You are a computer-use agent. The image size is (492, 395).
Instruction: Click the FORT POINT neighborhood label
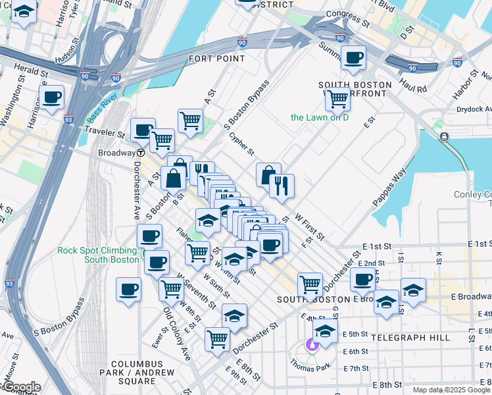point(216,59)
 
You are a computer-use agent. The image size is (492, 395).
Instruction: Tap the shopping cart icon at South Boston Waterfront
point(337,99)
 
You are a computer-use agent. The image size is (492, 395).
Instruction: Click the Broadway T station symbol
point(141,152)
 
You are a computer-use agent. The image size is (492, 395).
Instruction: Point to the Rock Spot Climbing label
point(97,255)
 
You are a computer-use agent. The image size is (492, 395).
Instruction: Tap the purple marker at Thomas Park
point(311,344)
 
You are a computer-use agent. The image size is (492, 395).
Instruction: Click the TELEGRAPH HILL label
point(410,337)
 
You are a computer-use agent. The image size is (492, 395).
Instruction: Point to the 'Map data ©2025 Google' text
point(451,390)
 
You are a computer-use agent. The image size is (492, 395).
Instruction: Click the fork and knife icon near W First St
point(282,186)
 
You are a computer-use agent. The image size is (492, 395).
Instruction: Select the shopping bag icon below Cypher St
point(268,175)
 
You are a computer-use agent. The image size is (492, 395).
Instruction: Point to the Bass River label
point(102,108)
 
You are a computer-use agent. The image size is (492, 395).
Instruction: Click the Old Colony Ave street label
point(177,334)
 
